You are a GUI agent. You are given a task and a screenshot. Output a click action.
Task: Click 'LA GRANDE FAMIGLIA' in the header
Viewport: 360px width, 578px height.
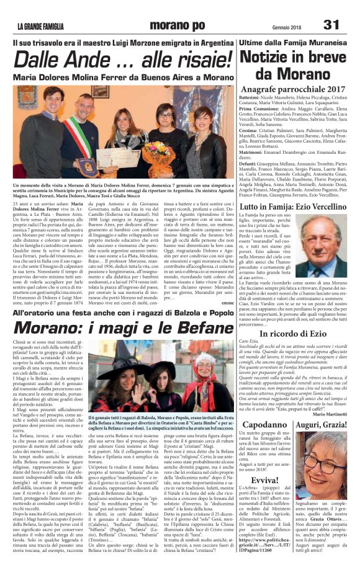click(x=44, y=26)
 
